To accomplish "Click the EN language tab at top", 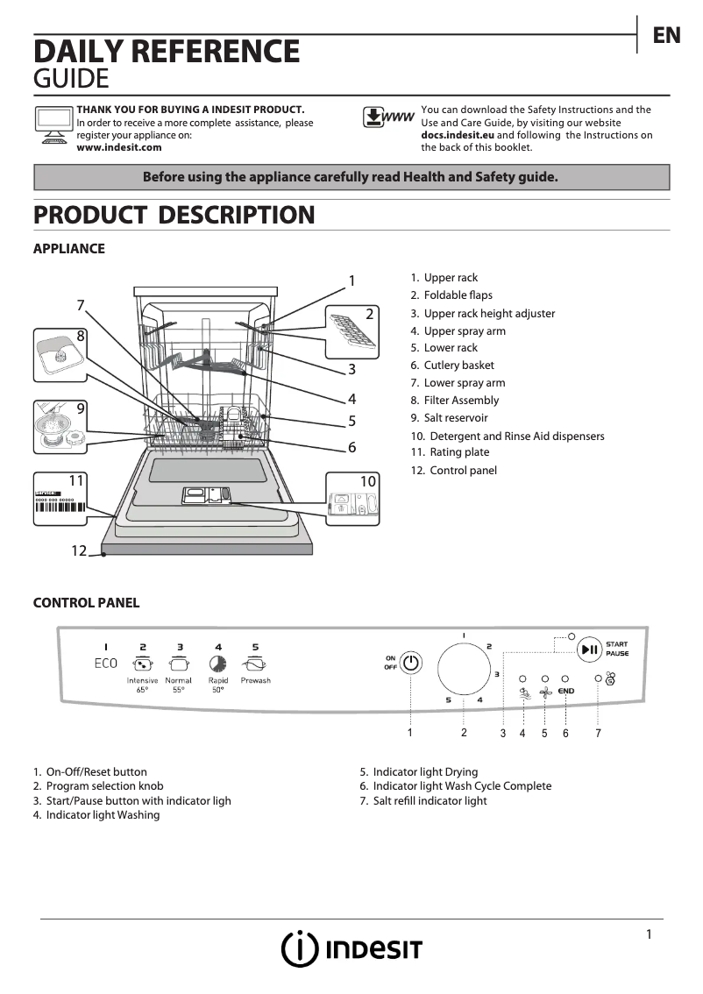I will tap(666, 35).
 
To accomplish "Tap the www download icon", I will tap(387, 118).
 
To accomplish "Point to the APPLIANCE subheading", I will tap(68, 249).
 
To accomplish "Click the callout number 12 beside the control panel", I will tap(80, 550).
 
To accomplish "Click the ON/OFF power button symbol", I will tap(411, 663).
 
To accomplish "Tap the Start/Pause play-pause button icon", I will tap(590, 650).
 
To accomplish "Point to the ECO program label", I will tap(105, 663).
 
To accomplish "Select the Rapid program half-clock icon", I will tap(217, 664).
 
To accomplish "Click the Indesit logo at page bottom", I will tap(351, 949).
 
